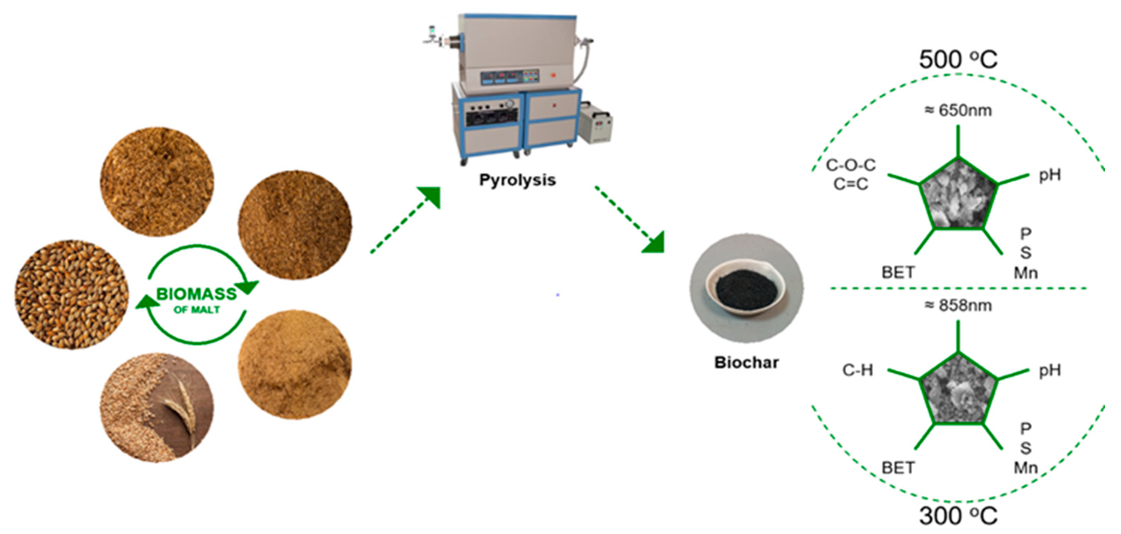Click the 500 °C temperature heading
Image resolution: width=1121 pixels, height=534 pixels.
958,59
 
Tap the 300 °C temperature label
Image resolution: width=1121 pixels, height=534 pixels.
958,516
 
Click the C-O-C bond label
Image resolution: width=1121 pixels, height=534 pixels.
851,165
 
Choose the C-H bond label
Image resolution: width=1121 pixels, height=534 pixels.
857,370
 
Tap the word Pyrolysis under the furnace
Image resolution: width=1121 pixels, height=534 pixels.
517,180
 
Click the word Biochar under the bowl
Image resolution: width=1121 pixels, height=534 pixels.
746,362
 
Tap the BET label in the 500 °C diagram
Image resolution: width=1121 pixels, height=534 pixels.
898,273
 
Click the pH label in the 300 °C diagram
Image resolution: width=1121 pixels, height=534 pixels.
1050,370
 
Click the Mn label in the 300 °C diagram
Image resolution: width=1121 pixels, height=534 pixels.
1026,468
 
